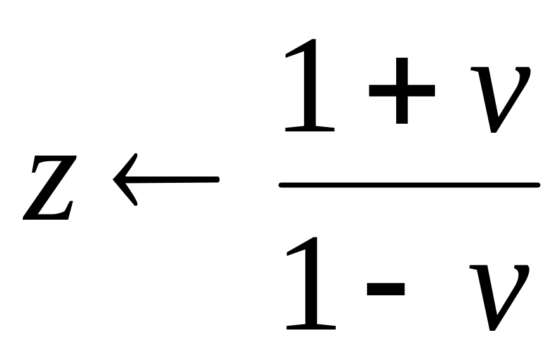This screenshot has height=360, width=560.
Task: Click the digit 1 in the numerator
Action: [309, 86]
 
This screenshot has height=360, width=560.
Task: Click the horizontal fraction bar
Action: [410, 185]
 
